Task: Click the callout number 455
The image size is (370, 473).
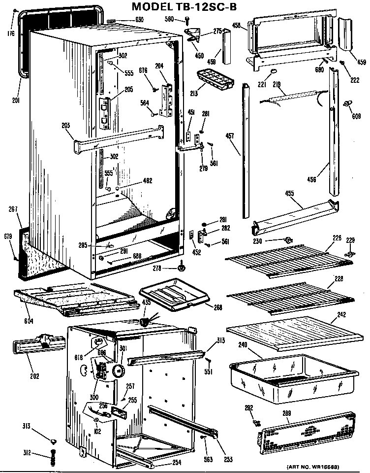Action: click(290, 194)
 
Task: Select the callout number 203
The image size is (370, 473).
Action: click(65, 125)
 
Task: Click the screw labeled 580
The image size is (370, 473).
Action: click(187, 20)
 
